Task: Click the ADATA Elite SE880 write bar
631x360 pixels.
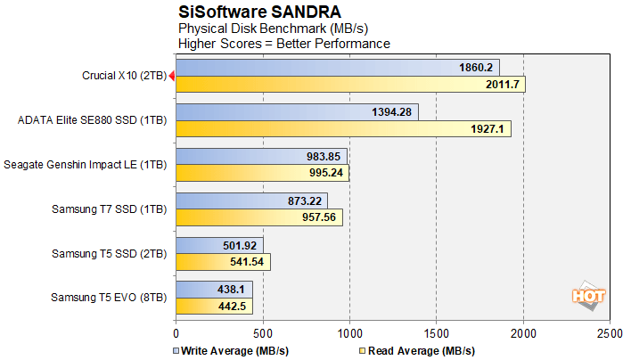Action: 297,111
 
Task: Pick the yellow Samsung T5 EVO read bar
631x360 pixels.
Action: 214,307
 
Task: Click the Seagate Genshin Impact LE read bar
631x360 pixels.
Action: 262,174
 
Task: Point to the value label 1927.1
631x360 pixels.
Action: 488,129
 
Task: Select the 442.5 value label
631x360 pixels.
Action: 234,307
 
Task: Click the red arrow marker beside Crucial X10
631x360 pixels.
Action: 172,78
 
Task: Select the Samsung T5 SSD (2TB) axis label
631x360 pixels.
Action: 110,254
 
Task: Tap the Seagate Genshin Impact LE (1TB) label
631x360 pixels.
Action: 86,165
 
